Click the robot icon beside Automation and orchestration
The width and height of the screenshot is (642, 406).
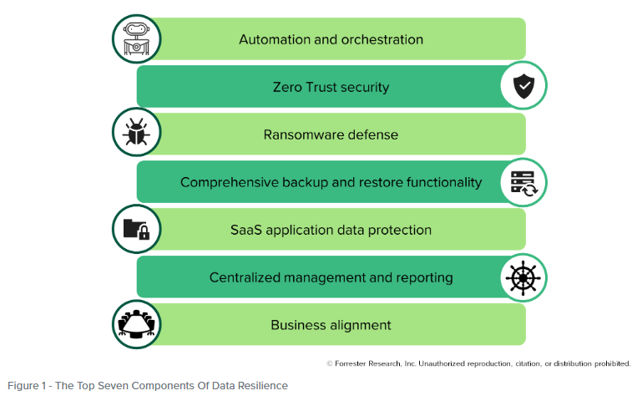click(x=136, y=38)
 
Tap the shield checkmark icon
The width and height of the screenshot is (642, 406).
click(x=523, y=86)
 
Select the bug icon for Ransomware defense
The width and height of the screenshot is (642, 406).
click(x=136, y=134)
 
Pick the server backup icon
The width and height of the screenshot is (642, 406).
click(x=523, y=181)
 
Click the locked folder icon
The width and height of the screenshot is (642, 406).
click(x=136, y=229)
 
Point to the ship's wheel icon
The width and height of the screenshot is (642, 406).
click(x=523, y=277)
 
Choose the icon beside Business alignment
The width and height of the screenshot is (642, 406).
click(x=136, y=324)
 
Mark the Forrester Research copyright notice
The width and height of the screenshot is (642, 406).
click(x=478, y=363)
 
